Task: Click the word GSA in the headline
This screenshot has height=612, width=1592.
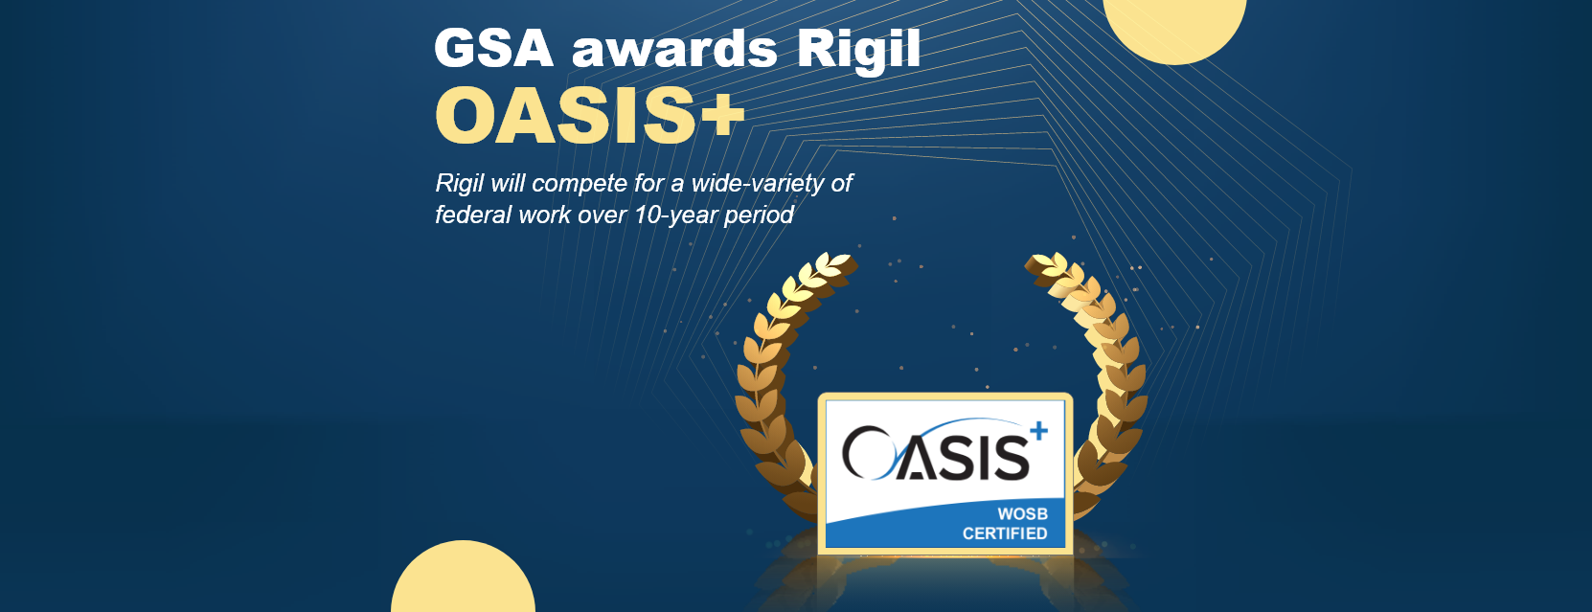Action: (493, 49)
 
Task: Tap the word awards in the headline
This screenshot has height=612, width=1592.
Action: (674, 50)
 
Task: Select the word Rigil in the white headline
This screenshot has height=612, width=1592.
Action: (858, 50)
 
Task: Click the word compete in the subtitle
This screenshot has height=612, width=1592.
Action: (579, 184)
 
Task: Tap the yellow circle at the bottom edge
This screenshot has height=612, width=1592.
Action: (463, 582)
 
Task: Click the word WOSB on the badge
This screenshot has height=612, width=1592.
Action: (1022, 514)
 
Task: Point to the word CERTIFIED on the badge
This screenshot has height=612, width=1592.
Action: (1004, 533)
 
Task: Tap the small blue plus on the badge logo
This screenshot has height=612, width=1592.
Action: (1038, 432)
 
